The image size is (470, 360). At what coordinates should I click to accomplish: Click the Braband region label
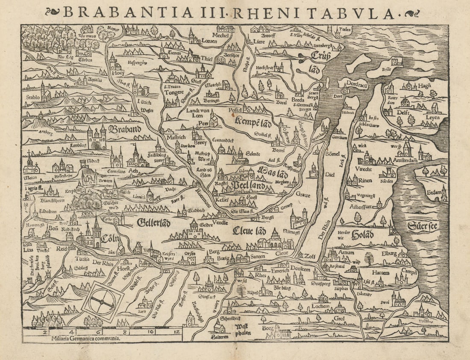point(125,129)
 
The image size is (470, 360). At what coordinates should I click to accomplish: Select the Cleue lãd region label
point(250,231)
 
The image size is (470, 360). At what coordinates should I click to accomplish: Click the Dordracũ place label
point(358,85)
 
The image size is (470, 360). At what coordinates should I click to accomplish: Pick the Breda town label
point(298,100)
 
